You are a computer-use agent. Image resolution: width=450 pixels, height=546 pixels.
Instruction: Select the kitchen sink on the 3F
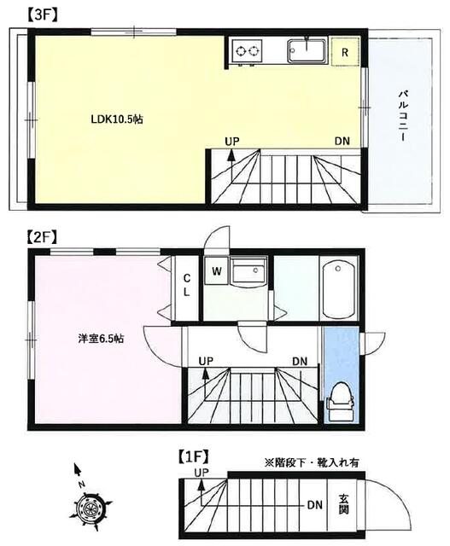tap(305, 50)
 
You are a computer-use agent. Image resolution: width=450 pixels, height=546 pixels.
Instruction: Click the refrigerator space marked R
tap(345, 51)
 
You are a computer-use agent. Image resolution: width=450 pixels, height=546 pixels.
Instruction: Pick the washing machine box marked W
tap(217, 272)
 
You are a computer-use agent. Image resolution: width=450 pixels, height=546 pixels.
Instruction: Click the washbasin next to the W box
tap(248, 274)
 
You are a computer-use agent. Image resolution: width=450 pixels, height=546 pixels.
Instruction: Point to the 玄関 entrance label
tap(343, 504)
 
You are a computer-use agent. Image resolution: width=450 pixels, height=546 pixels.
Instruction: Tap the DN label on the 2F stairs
tap(301, 362)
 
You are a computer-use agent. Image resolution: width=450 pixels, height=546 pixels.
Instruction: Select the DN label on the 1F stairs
tap(314, 504)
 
